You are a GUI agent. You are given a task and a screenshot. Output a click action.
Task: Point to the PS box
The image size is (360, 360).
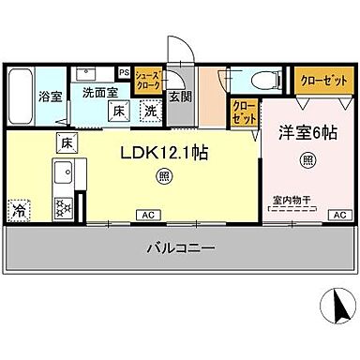(x=124, y=70)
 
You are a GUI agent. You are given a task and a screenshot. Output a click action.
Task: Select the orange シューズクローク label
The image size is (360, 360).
(x=146, y=80)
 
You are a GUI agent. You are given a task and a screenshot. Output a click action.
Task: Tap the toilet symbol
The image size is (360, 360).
(x=264, y=81)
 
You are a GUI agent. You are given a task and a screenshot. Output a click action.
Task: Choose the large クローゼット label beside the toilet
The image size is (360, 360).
(x=321, y=80)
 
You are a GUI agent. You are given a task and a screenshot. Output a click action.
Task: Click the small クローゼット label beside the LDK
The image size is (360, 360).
(x=244, y=113)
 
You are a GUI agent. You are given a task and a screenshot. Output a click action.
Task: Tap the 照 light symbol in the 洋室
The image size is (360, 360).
(x=308, y=161)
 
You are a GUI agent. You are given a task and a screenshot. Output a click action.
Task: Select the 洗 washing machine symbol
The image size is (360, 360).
(x=149, y=111)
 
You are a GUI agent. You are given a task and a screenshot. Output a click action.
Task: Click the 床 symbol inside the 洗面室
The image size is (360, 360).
(x=119, y=111)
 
